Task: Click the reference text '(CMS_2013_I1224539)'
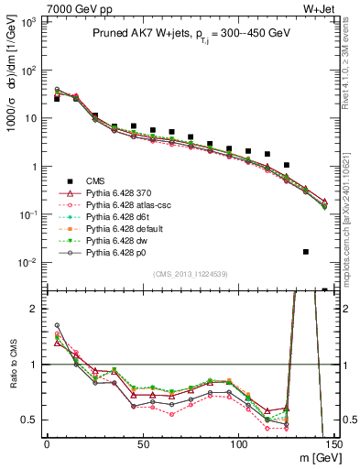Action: [x=190, y=273]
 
